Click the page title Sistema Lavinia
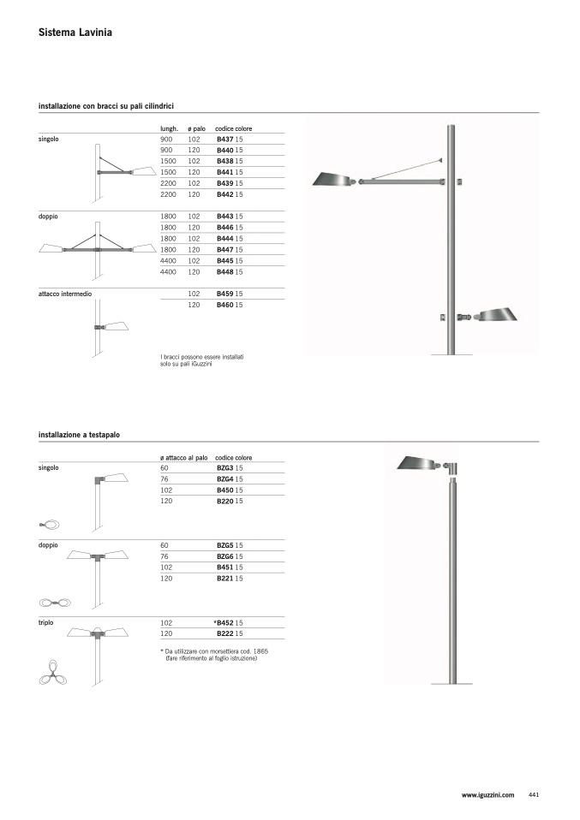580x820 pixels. pos(75,33)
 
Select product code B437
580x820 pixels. pos(225,140)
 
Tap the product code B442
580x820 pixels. pos(225,194)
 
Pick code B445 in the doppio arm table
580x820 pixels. pos(225,261)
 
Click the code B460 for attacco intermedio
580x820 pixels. pos(225,305)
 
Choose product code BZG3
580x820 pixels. pos(225,468)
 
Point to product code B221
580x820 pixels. pos(225,579)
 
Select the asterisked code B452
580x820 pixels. pos(224,623)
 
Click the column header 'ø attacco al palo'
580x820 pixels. pos(183,458)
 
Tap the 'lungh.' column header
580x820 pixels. pos(169,128)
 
